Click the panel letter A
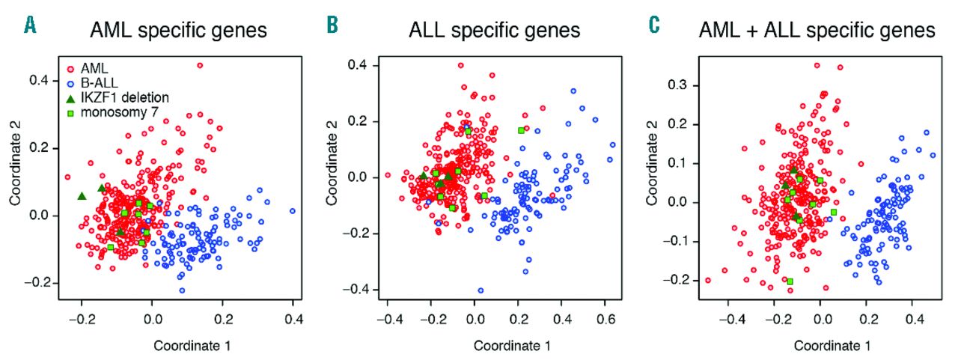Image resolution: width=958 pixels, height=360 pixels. (30, 27)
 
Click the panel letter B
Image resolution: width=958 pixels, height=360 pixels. (332, 27)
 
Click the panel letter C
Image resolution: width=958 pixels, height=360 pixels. (654, 27)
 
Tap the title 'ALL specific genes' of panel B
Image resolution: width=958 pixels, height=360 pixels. (495, 31)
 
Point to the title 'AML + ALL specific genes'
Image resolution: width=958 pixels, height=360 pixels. (816, 31)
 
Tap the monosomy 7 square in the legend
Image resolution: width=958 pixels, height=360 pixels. (70, 113)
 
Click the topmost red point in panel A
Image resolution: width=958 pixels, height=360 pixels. (200, 65)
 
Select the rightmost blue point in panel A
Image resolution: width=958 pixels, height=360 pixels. (293, 211)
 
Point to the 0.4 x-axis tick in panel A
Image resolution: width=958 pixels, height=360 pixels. (293, 323)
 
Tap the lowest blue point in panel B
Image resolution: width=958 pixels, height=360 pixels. (480, 290)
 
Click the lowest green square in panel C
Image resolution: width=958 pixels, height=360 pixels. (790, 281)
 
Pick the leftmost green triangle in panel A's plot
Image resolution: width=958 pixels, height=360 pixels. (82, 196)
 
